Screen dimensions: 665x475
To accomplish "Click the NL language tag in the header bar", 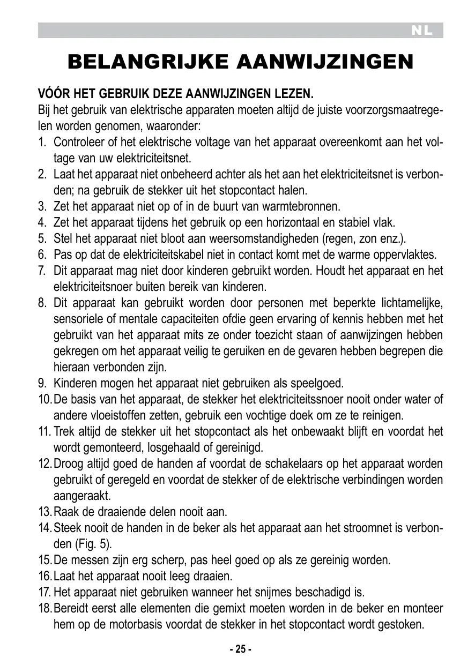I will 422,31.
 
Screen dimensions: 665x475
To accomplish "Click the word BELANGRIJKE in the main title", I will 149,62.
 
